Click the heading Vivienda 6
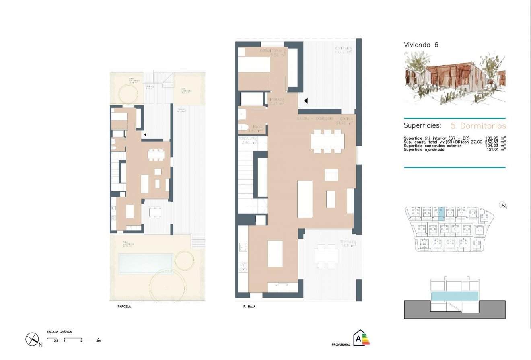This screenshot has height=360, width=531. pyautogui.click(x=421, y=45)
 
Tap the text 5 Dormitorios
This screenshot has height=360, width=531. pyautogui.click(x=476, y=125)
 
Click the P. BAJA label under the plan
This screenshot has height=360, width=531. pyautogui.click(x=250, y=307)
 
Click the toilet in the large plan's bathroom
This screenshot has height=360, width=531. pyautogui.click(x=243, y=128)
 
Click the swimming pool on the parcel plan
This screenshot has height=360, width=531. pyautogui.click(x=145, y=263)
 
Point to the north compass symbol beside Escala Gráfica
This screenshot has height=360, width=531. pyautogui.click(x=32, y=339)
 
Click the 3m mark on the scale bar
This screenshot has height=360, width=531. pyautogui.click(x=98, y=341)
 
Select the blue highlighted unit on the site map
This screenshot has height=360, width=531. pyautogui.click(x=440, y=214)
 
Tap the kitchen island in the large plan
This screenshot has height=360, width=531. pyautogui.click(x=275, y=253)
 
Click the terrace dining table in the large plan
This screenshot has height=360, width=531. pyautogui.click(x=326, y=255)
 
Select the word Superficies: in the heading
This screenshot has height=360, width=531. pyautogui.click(x=422, y=125)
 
